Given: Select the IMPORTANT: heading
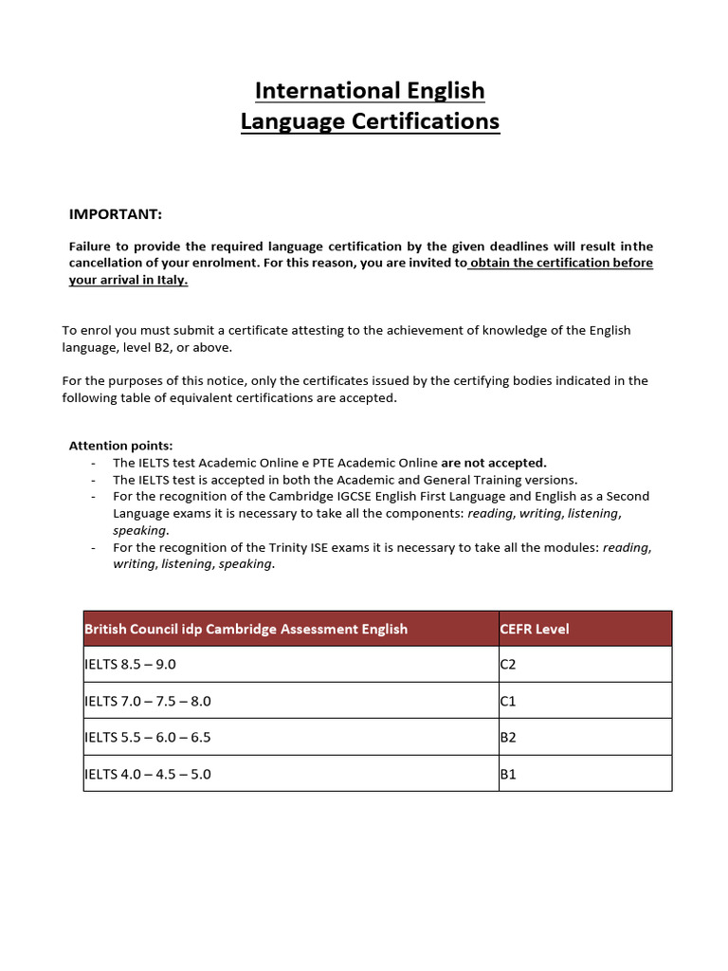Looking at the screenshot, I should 116,214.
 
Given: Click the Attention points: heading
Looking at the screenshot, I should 121,446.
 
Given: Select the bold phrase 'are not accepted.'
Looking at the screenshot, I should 494,463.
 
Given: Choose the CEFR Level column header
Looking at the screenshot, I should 535,629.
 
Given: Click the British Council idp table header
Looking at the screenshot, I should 246,629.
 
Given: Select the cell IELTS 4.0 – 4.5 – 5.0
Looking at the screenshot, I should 148,774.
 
